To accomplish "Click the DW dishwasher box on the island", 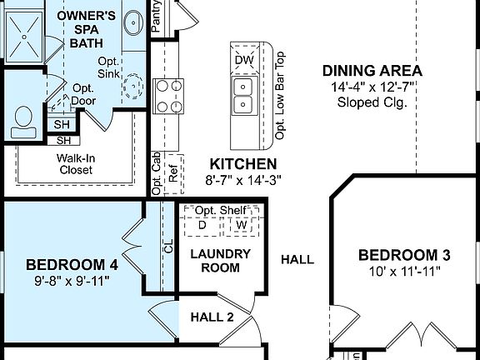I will pos(243,60).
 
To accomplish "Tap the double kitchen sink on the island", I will pos(243,95).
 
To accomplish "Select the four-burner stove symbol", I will pos(169,94).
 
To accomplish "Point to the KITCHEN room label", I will pos(243,163).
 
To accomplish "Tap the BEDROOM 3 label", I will pos(404,255).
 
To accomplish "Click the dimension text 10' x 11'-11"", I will pos(404,271).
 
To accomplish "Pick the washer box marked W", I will pos(241,225).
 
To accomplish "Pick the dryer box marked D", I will pos(202,225).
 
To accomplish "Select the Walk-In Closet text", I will pos(75,163).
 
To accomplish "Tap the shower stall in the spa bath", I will pos(25,33).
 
